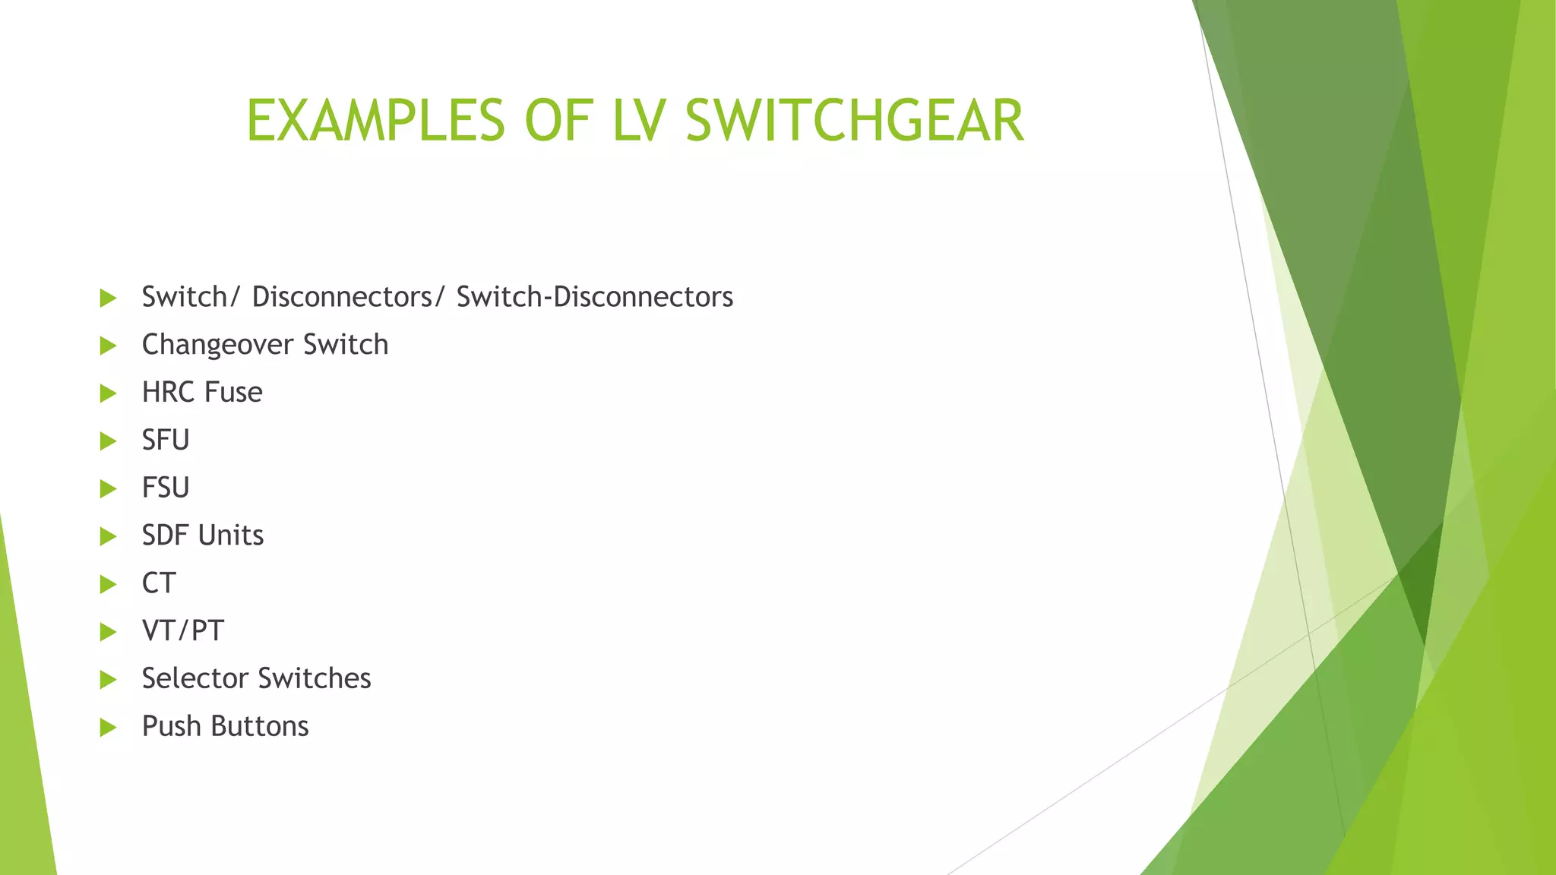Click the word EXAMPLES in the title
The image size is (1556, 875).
click(375, 121)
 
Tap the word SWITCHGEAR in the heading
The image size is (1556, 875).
click(855, 121)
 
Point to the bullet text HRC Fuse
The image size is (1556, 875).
click(202, 393)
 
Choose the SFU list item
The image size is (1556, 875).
click(166, 441)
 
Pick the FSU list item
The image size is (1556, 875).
click(166, 488)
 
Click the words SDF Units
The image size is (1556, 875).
click(203, 535)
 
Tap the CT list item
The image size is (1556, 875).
click(159, 583)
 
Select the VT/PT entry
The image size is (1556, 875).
click(182, 631)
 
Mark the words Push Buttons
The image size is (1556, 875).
click(225, 727)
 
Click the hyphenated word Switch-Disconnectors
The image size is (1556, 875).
click(594, 297)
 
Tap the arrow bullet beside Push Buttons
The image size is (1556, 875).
click(108, 728)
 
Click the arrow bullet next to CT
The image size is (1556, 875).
click(108, 584)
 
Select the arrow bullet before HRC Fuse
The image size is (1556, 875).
click(108, 393)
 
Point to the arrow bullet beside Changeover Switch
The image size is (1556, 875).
click(108, 346)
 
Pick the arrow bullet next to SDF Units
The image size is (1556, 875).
click(108, 536)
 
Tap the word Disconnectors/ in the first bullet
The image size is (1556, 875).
click(349, 297)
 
